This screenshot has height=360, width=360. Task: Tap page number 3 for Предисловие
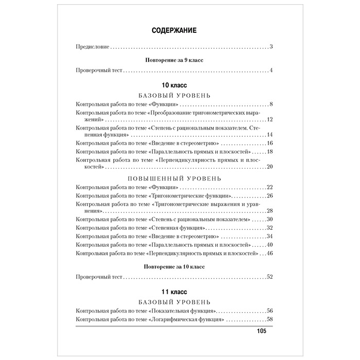(x=271, y=47)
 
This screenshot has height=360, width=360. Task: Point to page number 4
(x=271, y=70)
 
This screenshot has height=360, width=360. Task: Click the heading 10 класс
(x=173, y=84)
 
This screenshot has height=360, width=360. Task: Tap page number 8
(x=271, y=105)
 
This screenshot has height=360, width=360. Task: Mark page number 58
(x=269, y=320)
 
